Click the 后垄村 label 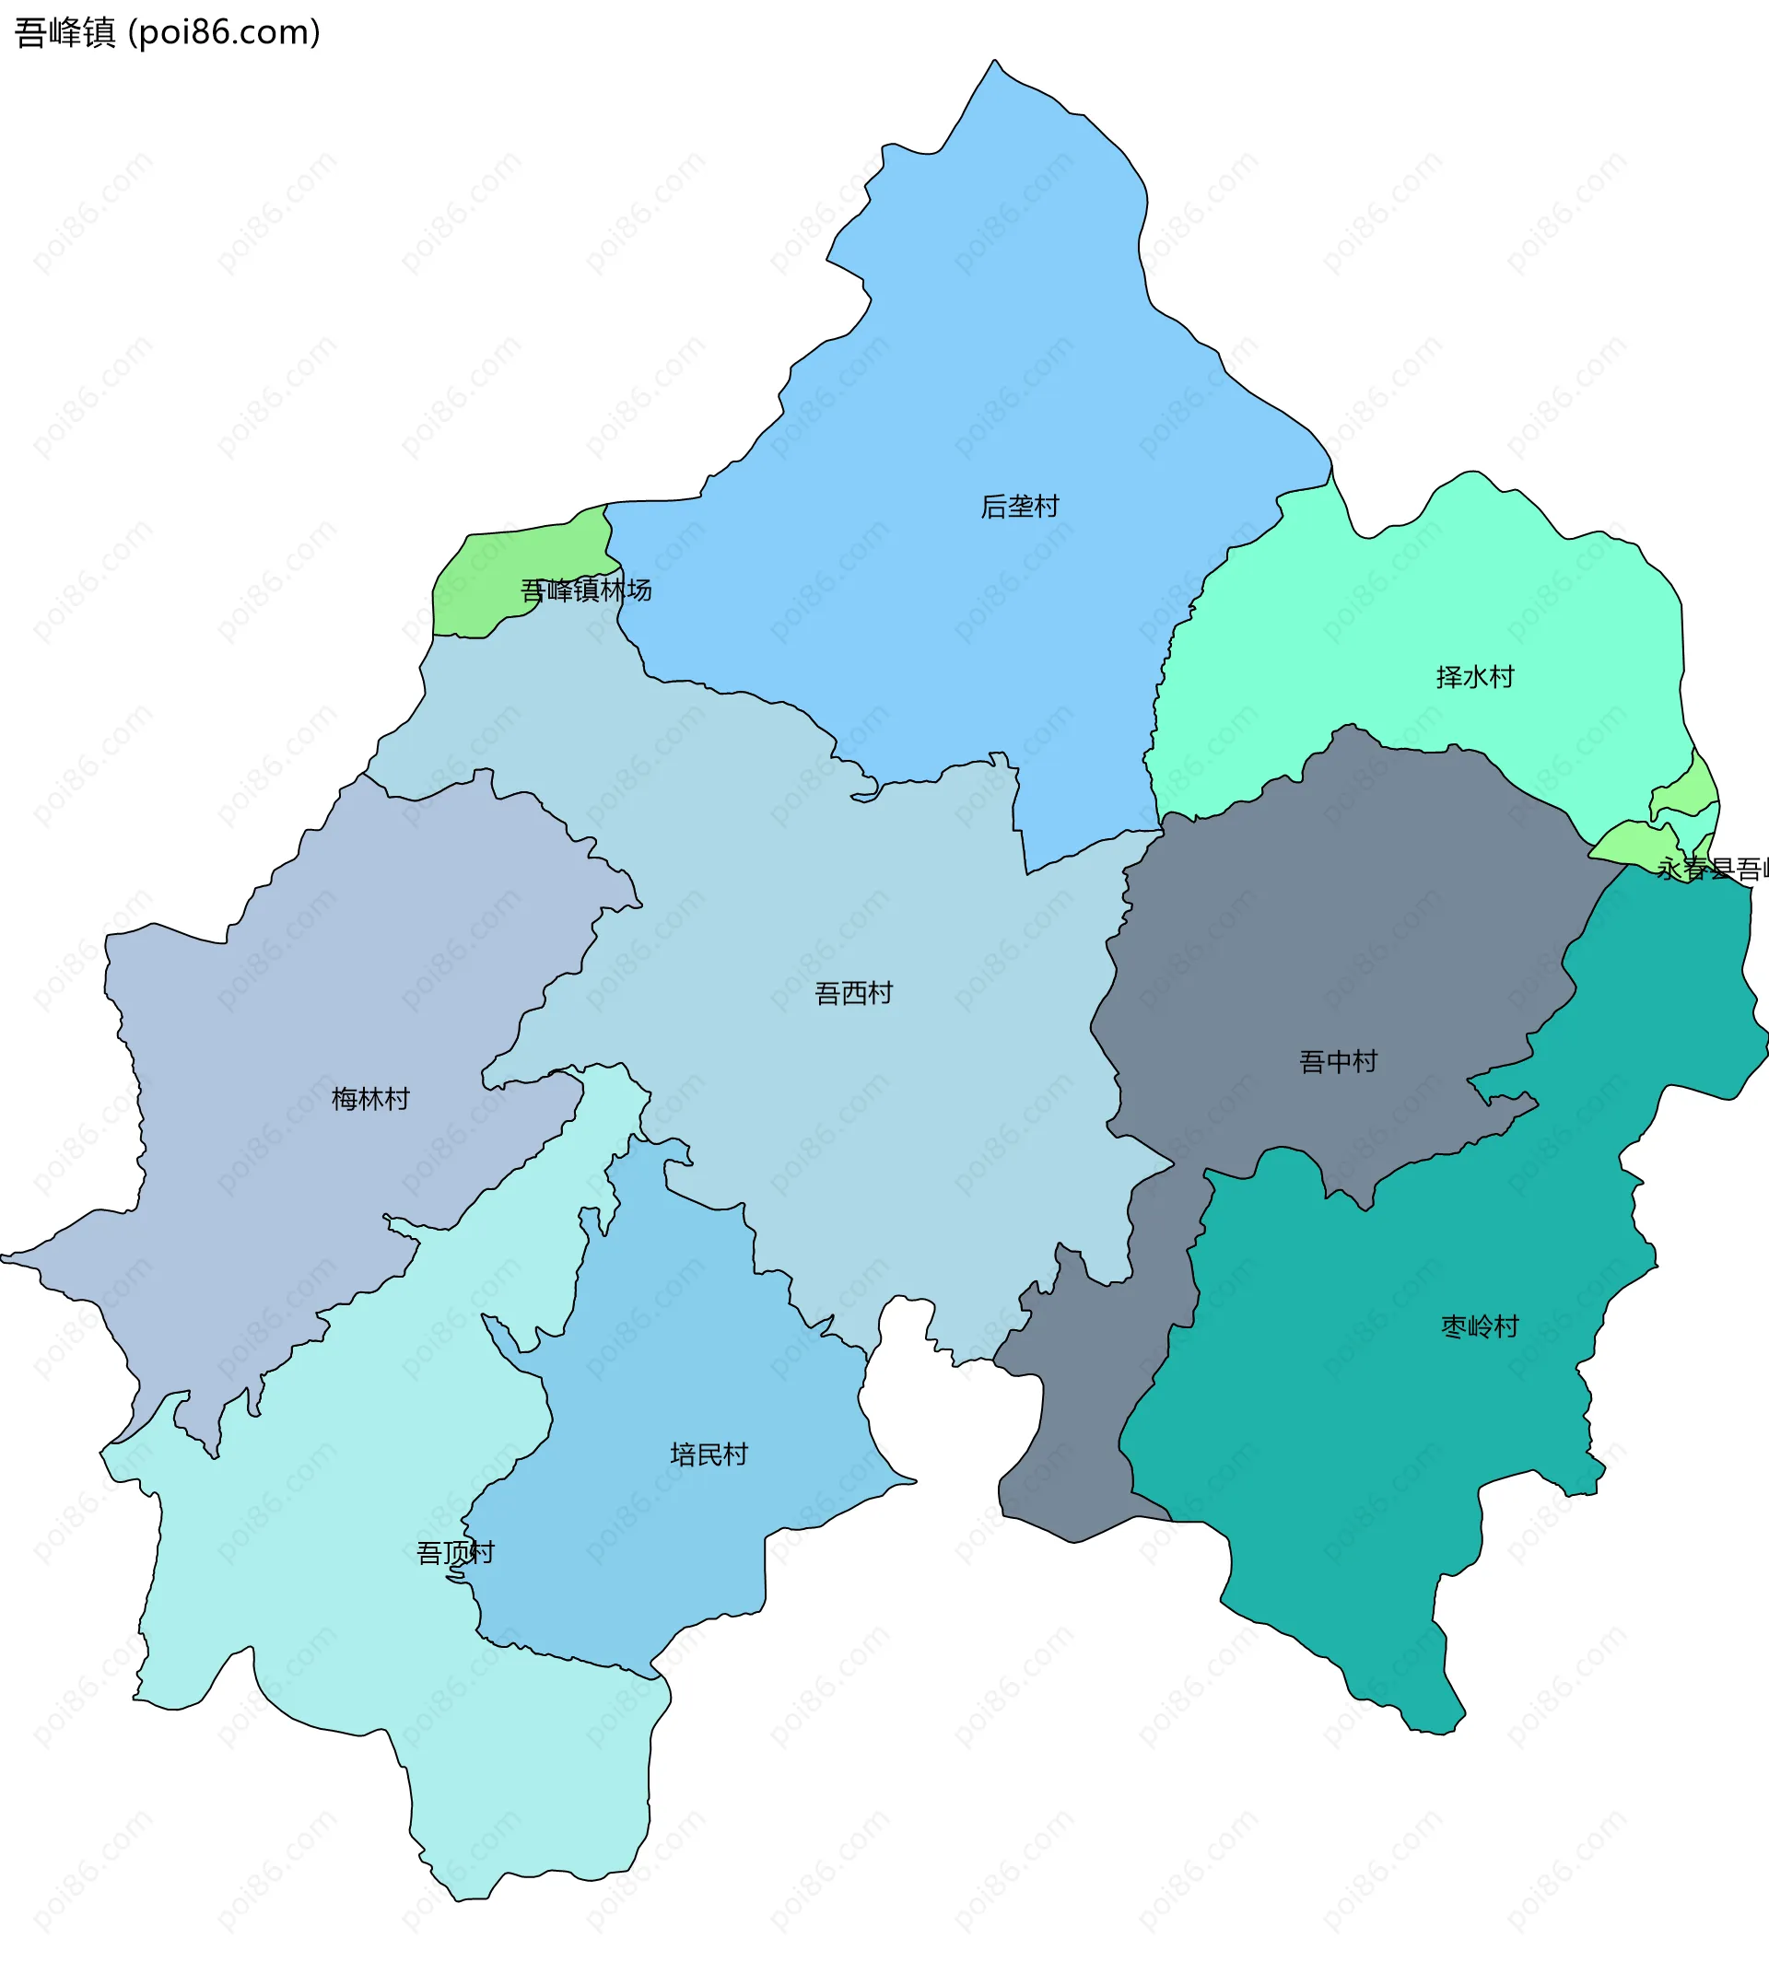point(1019,507)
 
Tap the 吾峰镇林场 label point(585,590)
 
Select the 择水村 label point(1474,677)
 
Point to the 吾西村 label point(853,993)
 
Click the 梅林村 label point(370,1099)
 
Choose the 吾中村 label point(1338,1061)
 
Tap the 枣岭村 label point(1479,1326)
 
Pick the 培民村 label point(709,1454)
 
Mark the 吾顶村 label point(455,1553)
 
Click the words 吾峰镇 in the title point(65,33)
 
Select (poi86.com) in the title point(225,33)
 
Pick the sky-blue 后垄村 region point(972,340)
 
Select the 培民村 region point(680,1361)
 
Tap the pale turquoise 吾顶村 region point(340,1604)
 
